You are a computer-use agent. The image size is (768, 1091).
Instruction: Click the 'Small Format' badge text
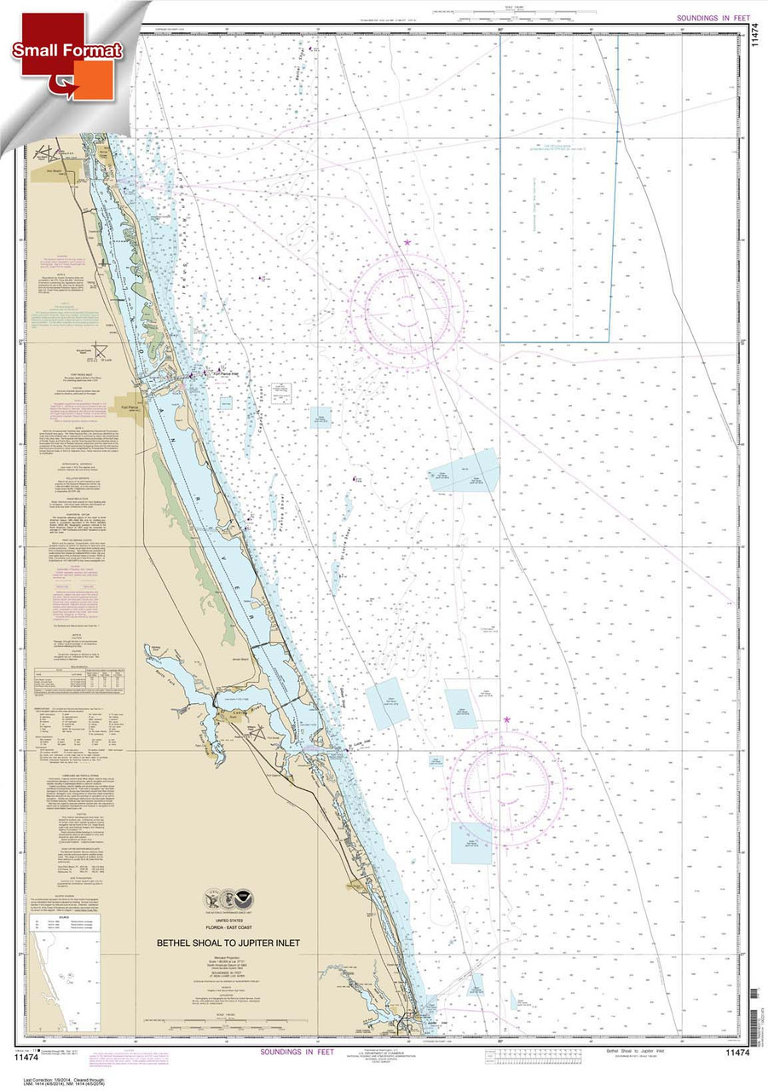67,51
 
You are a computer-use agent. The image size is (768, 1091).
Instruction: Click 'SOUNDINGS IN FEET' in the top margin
713,18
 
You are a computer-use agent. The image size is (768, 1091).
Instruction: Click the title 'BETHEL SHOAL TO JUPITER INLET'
228,944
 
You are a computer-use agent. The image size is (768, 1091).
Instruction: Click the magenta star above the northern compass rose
407,243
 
